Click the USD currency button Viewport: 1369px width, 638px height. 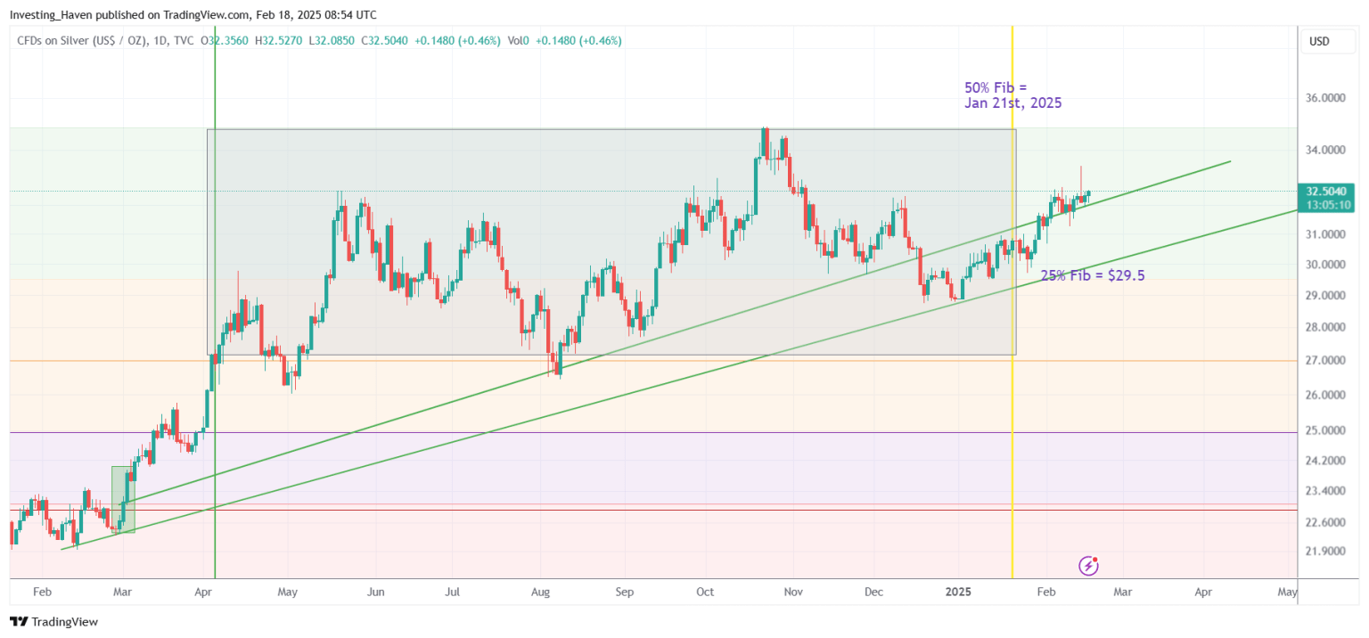pos(1319,41)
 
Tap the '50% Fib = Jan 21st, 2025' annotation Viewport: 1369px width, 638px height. pos(1012,95)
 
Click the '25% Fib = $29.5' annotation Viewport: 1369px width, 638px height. pos(1092,276)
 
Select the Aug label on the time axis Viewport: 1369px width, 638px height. pos(540,592)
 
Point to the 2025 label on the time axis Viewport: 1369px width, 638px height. pos(958,592)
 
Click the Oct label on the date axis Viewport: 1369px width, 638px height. pos(705,592)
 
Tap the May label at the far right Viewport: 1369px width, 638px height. pos(1286,592)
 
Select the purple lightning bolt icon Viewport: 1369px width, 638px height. pos(1088,565)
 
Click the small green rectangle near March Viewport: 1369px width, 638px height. pos(123,499)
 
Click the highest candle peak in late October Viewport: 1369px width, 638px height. pos(765,131)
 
